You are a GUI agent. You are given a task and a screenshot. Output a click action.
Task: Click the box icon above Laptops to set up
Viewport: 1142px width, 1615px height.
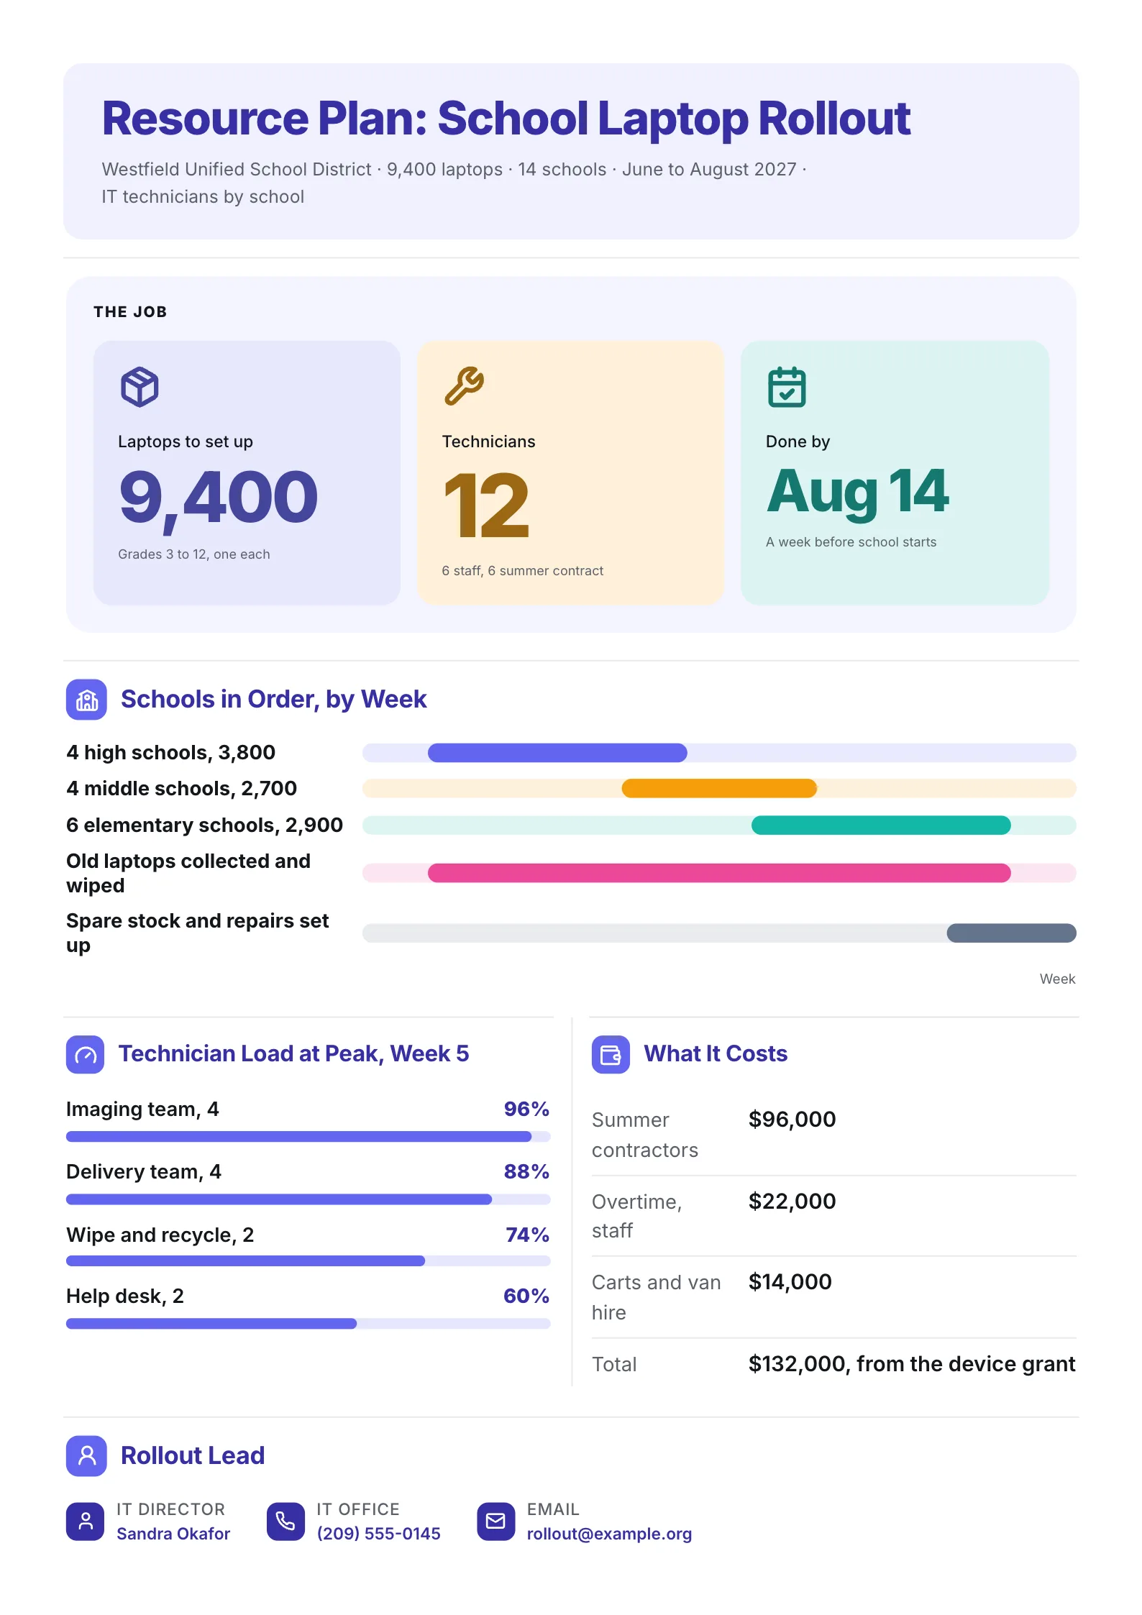pyautogui.click(x=140, y=387)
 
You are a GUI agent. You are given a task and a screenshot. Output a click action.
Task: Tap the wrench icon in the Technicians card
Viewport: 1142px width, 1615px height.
pyautogui.click(x=464, y=386)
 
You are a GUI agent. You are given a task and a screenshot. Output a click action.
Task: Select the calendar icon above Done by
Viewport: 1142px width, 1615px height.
pyautogui.click(x=787, y=387)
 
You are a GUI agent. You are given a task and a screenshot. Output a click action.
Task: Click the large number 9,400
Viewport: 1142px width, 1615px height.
pyautogui.click(x=218, y=498)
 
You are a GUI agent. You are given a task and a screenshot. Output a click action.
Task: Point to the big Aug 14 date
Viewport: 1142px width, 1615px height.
pyautogui.click(x=857, y=492)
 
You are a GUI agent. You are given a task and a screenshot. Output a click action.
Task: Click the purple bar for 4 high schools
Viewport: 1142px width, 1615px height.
pyautogui.click(x=557, y=753)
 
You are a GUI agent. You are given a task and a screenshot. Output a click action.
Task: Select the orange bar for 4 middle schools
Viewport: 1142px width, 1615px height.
pyautogui.click(x=719, y=788)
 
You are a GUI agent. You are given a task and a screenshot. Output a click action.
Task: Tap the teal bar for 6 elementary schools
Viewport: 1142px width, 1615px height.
pyautogui.click(x=881, y=825)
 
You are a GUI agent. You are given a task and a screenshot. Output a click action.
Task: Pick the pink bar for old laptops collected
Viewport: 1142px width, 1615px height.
pyautogui.click(x=719, y=873)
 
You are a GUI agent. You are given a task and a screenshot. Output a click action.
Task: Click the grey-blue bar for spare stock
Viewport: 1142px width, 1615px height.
pyautogui.click(x=1011, y=933)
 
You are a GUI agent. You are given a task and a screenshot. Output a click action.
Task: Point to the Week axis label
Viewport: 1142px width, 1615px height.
pyautogui.click(x=1057, y=979)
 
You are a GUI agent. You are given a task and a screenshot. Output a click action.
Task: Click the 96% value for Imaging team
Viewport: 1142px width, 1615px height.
pyautogui.click(x=526, y=1109)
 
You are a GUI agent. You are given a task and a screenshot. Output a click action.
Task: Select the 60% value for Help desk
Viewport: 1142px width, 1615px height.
pyautogui.click(x=526, y=1296)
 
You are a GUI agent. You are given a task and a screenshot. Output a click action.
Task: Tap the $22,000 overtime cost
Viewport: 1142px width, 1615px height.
pyautogui.click(x=792, y=1201)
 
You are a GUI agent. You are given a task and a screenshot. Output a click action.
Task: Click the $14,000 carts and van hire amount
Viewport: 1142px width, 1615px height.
pyautogui.click(x=790, y=1281)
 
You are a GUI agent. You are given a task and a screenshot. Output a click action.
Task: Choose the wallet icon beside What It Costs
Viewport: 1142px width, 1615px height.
pyautogui.click(x=611, y=1054)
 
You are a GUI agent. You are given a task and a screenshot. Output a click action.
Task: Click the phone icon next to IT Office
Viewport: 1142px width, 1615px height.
pyautogui.click(x=285, y=1522)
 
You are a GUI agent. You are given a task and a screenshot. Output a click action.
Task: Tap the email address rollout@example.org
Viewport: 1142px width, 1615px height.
pyautogui.click(x=609, y=1534)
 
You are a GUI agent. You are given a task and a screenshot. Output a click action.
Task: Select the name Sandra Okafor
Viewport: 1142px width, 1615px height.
pyautogui.click(x=173, y=1534)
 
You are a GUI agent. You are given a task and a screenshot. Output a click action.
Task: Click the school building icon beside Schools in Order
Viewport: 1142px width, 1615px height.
pyautogui.click(x=86, y=700)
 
